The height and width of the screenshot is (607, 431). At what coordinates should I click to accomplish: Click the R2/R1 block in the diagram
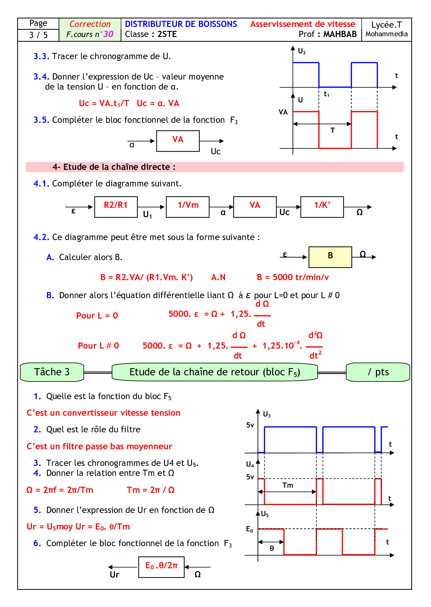tap(116, 206)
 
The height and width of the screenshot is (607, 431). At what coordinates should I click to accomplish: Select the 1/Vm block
tap(188, 206)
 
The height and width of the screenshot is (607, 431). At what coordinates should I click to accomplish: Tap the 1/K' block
tap(322, 206)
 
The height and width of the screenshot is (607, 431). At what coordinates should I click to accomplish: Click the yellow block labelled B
tap(330, 257)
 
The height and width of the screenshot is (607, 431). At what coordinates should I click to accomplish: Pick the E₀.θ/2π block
tap(161, 567)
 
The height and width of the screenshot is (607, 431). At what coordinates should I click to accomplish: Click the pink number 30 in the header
tap(108, 34)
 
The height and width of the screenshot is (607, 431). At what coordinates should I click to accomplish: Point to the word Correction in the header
tap(90, 24)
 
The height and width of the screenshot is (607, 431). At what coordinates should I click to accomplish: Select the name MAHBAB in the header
tap(340, 34)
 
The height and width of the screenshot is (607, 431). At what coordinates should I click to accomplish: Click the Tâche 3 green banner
tap(52, 372)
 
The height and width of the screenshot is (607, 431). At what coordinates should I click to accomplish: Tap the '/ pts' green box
tap(378, 372)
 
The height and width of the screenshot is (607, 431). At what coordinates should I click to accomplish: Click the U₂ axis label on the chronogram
tap(302, 52)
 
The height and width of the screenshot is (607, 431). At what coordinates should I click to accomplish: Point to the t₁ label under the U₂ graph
tap(326, 94)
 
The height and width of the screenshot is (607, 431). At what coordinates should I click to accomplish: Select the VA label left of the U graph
tap(283, 112)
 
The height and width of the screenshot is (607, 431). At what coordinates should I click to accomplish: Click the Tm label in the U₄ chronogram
tap(288, 485)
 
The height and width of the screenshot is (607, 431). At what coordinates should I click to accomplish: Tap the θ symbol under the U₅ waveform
tap(272, 549)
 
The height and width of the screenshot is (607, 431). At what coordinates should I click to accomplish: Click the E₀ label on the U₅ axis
tap(250, 529)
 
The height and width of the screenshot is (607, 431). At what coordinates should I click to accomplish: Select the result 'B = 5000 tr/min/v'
tap(293, 277)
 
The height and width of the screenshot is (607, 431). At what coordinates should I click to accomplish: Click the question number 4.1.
tap(41, 184)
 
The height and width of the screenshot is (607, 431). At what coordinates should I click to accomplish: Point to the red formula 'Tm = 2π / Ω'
tap(151, 490)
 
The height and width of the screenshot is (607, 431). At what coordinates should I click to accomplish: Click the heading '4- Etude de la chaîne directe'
tap(114, 167)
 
